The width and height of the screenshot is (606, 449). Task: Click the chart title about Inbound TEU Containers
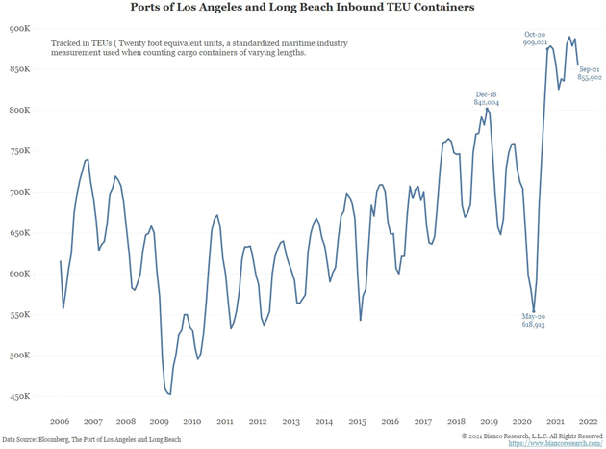(x=302, y=8)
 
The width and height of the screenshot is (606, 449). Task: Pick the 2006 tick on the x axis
(x=60, y=421)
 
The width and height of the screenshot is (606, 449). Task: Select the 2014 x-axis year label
(x=323, y=421)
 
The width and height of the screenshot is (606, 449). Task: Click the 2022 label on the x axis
(x=588, y=421)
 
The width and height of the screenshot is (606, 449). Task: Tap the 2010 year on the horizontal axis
(x=191, y=421)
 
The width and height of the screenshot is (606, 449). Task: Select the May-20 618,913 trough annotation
(x=533, y=321)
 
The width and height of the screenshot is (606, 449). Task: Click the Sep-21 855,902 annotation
(x=590, y=74)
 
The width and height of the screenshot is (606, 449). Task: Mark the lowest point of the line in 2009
(x=169, y=394)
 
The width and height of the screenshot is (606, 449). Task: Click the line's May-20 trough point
(x=534, y=311)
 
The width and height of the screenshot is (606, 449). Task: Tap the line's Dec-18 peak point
(x=488, y=108)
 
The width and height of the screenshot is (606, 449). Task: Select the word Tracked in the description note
(x=64, y=44)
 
